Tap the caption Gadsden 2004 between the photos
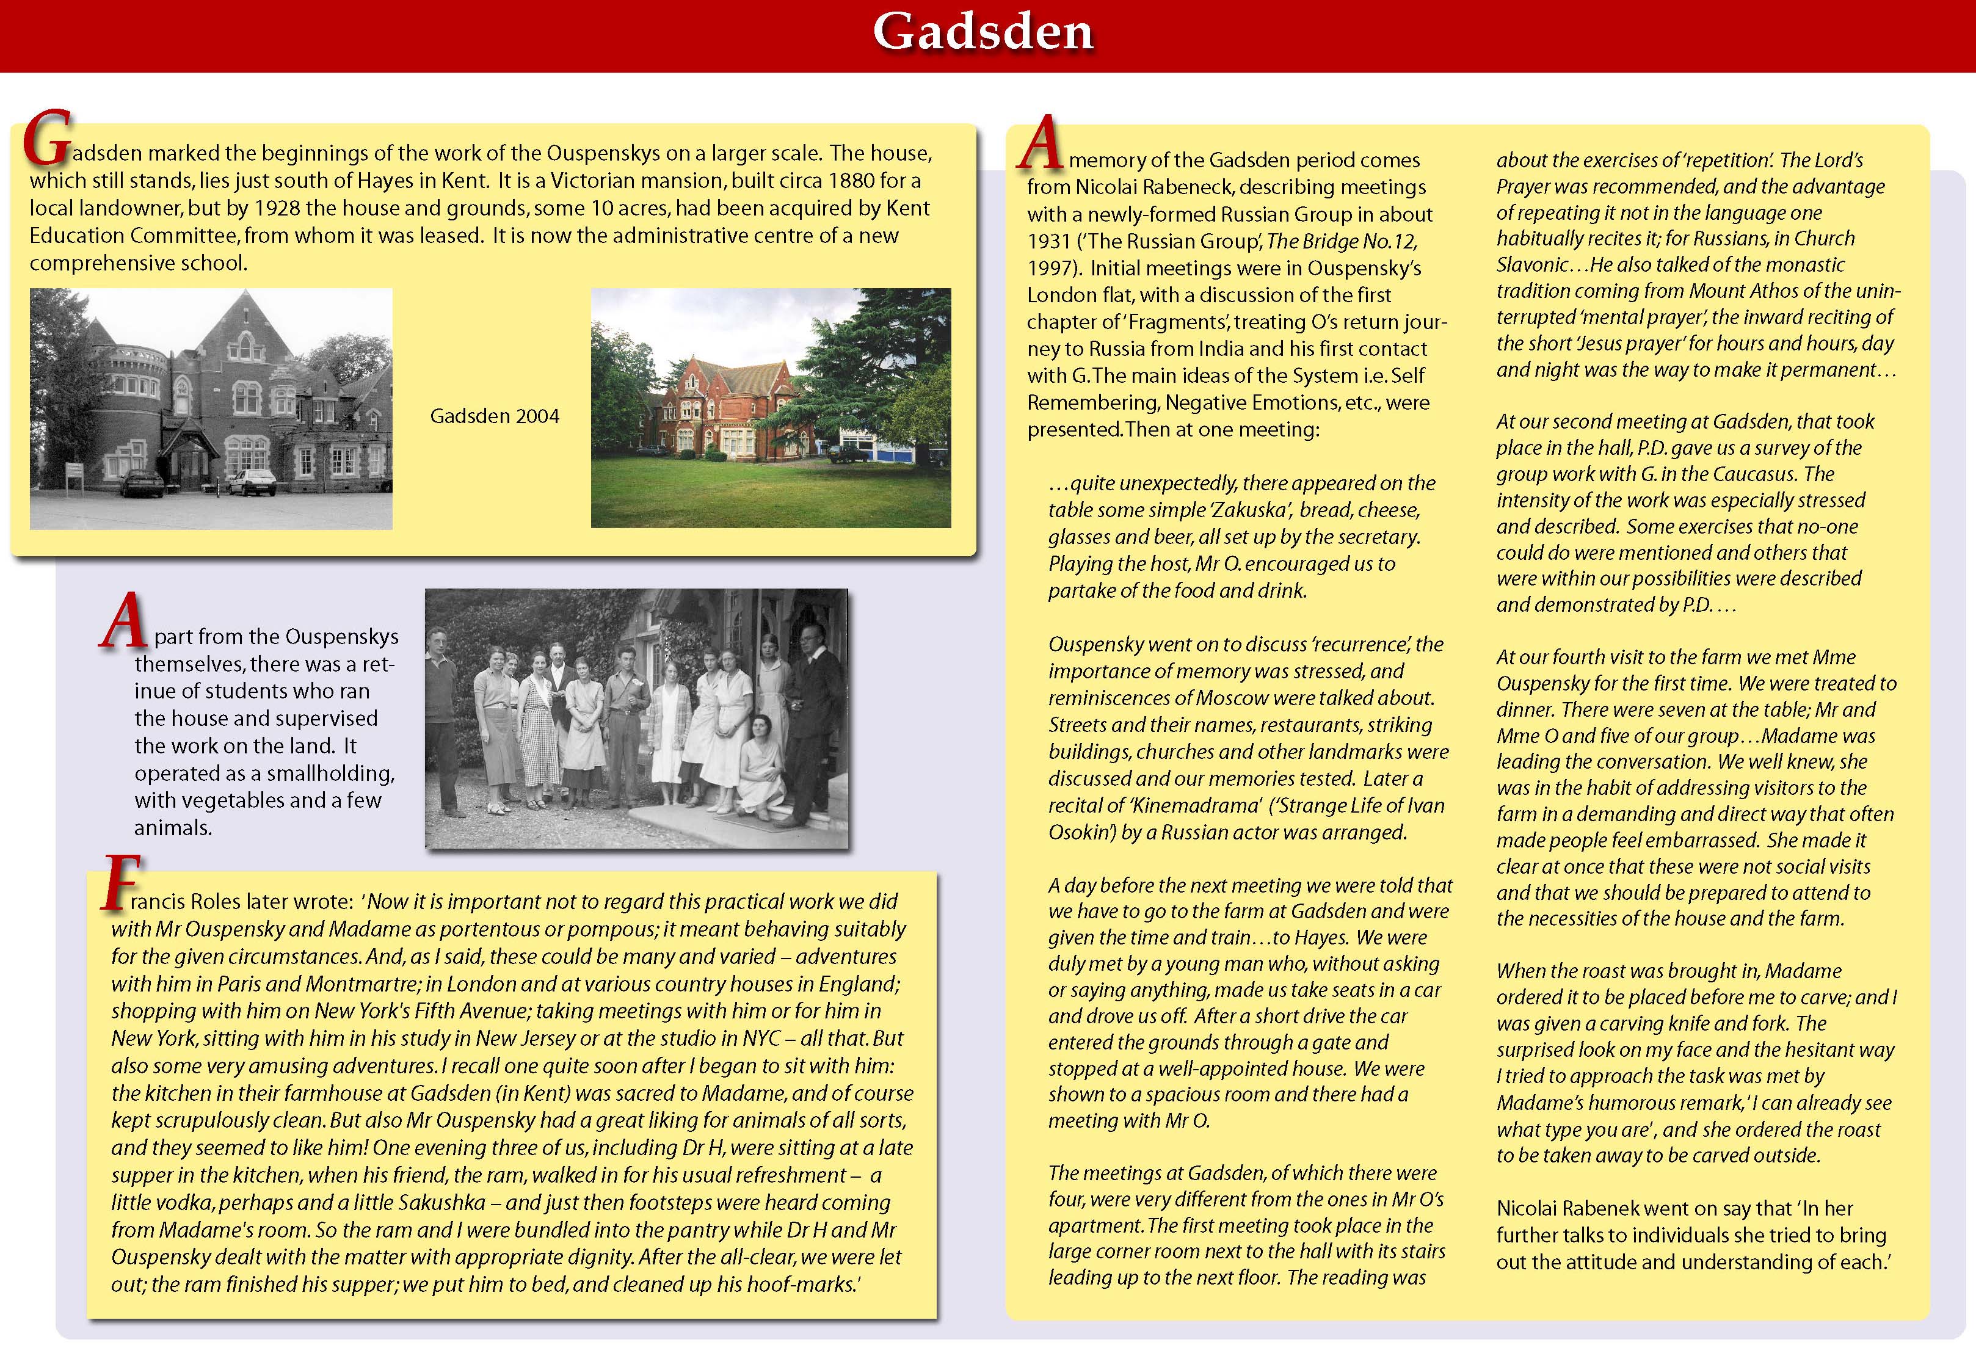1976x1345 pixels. point(494,416)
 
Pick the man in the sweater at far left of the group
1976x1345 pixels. point(441,714)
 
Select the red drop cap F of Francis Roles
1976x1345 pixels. point(118,884)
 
